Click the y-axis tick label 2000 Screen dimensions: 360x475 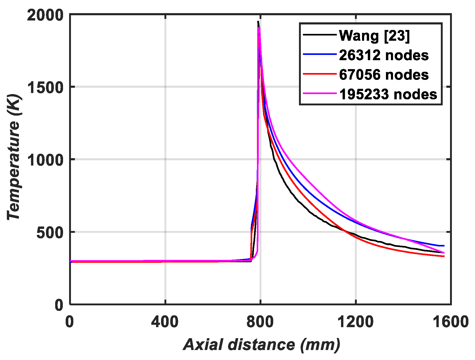click(45, 15)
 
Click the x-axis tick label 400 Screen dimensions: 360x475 click(165, 322)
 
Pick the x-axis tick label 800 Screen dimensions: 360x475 click(260, 322)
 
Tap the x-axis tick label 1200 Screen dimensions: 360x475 click(355, 322)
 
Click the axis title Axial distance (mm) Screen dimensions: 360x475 click(262, 344)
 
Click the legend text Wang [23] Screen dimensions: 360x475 click(374, 35)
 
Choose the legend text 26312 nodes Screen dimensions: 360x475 click(384, 55)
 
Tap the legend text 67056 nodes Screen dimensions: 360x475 click(384, 75)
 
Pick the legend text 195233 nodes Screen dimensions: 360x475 click(388, 94)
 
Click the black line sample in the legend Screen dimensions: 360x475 click(320, 35)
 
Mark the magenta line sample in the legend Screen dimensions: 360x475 click(320, 93)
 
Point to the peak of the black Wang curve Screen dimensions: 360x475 click(258, 22)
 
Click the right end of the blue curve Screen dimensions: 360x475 click(444, 246)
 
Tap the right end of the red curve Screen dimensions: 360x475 click(444, 256)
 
